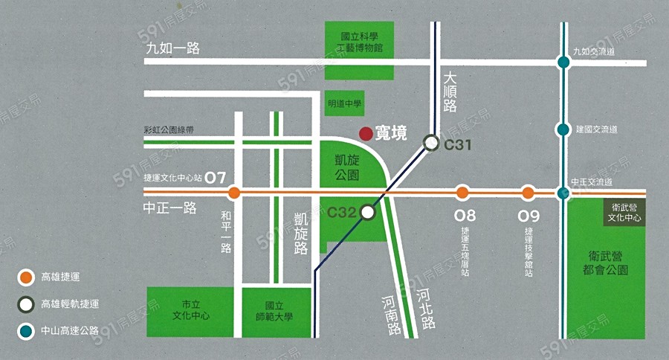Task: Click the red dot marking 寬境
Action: click(x=366, y=133)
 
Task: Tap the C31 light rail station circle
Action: click(x=431, y=143)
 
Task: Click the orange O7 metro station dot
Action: click(x=234, y=193)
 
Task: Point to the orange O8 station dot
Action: click(x=462, y=193)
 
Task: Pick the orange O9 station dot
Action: click(x=528, y=193)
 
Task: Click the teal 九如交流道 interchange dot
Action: click(x=563, y=62)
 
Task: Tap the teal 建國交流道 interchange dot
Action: click(x=563, y=129)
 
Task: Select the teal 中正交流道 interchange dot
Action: click(x=563, y=193)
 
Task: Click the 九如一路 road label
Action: click(x=174, y=48)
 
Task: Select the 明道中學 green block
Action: click(x=344, y=104)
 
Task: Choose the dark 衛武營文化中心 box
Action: click(x=624, y=213)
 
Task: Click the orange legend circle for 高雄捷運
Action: click(x=26, y=278)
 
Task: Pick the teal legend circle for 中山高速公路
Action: click(x=26, y=330)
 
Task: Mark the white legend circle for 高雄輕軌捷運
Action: click(x=26, y=303)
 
